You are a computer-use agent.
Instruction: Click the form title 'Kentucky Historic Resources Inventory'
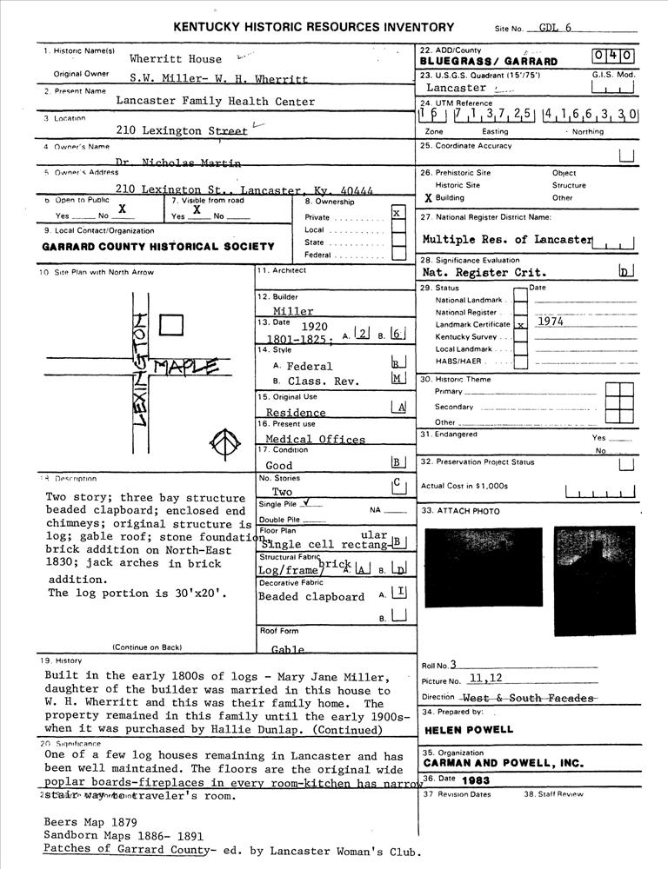(313, 27)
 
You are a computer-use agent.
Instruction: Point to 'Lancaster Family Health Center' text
(216, 102)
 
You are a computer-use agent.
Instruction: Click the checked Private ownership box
(397, 213)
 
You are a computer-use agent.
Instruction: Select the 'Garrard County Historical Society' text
(158, 247)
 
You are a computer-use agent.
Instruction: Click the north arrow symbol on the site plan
(224, 445)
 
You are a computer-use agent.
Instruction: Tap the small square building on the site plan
(172, 325)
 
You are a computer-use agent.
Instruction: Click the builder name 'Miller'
(293, 311)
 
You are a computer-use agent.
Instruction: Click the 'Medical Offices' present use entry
(315, 440)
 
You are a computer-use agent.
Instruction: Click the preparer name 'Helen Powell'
(469, 730)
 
